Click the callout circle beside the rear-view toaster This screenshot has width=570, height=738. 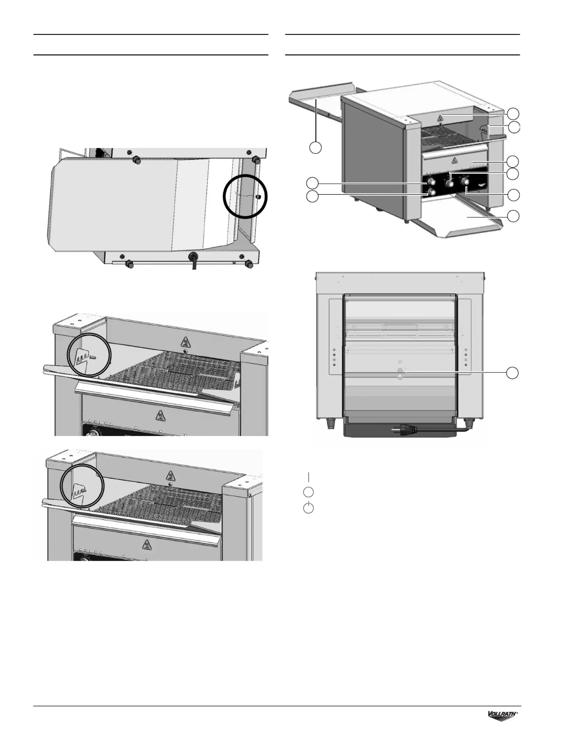point(513,373)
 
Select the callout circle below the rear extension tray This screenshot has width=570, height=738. point(315,147)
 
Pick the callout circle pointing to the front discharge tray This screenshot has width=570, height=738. point(513,216)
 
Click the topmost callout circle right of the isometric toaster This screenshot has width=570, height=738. point(513,114)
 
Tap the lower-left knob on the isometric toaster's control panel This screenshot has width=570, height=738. point(432,192)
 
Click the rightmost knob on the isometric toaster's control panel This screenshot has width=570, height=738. point(465,181)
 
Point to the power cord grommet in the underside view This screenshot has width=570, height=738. point(192,256)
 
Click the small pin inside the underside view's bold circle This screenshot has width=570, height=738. point(258,197)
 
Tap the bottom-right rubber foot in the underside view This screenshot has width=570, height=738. point(249,264)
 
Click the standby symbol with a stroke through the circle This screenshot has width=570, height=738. point(308,508)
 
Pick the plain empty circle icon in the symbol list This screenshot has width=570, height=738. point(308,492)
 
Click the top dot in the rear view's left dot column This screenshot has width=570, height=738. point(334,350)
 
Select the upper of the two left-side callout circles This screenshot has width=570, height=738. point(312,183)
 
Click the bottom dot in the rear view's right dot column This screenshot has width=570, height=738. point(466,365)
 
